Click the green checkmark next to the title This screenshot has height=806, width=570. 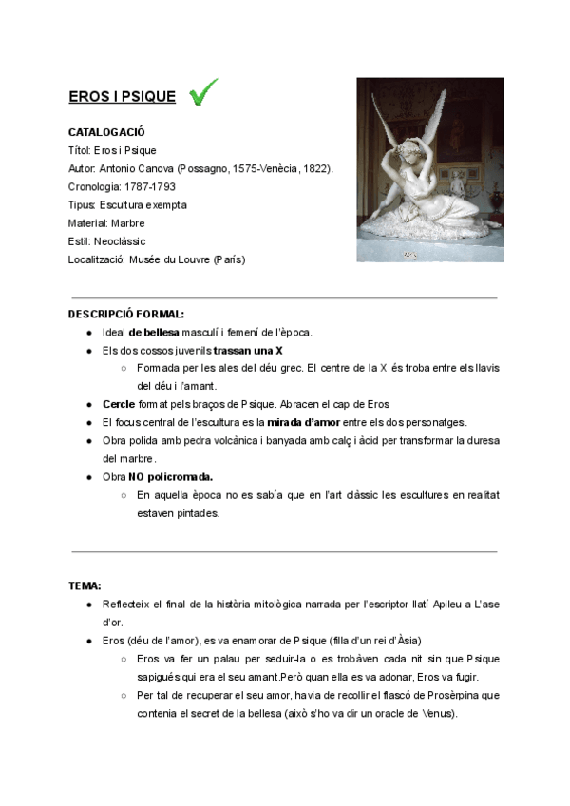click(x=203, y=92)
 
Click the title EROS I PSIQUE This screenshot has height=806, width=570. click(x=122, y=97)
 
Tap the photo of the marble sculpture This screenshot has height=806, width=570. click(x=429, y=169)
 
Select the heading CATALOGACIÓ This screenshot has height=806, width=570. click(x=106, y=131)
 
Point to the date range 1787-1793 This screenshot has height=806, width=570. click(x=149, y=186)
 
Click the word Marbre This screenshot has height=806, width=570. click(x=127, y=222)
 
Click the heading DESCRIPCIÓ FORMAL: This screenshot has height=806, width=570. click(x=126, y=314)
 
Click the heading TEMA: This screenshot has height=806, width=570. click(x=85, y=585)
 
